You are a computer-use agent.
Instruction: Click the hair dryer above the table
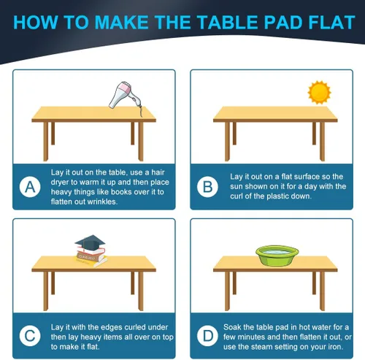124,96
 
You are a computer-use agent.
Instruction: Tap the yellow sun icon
319,93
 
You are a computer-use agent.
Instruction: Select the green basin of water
277,256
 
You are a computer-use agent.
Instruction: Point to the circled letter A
30,187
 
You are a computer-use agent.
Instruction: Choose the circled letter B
207,187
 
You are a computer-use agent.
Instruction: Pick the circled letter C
30,336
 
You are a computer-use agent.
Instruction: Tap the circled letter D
207,336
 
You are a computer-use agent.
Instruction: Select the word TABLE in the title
227,23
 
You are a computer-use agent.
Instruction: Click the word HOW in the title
36,23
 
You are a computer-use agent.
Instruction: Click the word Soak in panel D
233,327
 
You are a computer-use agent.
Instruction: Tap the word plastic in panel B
277,196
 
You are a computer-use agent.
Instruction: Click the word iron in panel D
336,346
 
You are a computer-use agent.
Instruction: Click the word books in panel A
120,192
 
